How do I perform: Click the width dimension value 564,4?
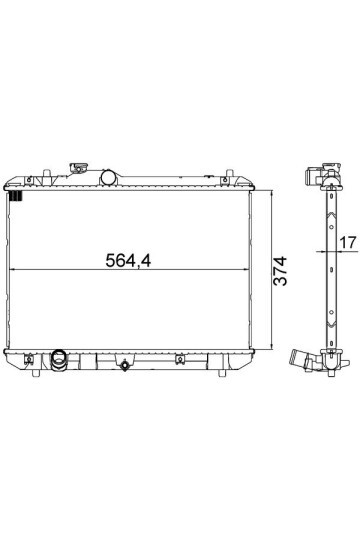pyautogui.click(x=128, y=260)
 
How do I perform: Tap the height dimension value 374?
pyautogui.click(x=280, y=271)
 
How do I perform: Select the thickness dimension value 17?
pyautogui.click(x=348, y=242)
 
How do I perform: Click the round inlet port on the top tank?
pyautogui.click(x=109, y=177)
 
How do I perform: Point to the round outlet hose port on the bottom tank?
pyautogui.click(x=59, y=360)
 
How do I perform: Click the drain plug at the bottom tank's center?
pyautogui.click(x=125, y=365)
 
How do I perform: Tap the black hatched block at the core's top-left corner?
pyautogui.click(x=16, y=196)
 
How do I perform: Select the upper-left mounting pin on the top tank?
pyautogui.click(x=47, y=173)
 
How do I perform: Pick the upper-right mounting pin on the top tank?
pyautogui.click(x=229, y=173)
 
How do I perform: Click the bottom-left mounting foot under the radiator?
pyautogui.click(x=36, y=373)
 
